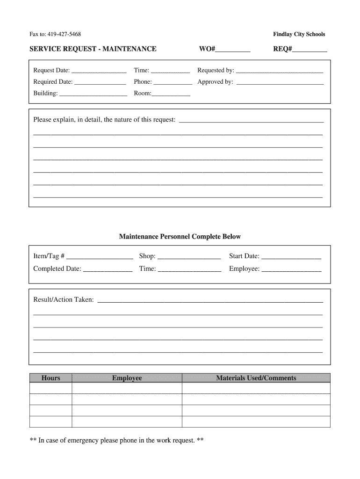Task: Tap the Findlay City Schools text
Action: [299, 34]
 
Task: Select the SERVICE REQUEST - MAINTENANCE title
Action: [93, 49]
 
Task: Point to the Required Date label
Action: [53, 82]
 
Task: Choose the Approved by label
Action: [215, 82]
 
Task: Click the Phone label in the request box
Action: [143, 82]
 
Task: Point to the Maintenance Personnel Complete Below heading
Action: [180, 237]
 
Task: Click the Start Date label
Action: [244, 256]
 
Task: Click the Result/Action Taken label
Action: [63, 299]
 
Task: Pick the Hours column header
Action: [50, 378]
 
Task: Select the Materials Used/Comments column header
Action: [256, 378]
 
